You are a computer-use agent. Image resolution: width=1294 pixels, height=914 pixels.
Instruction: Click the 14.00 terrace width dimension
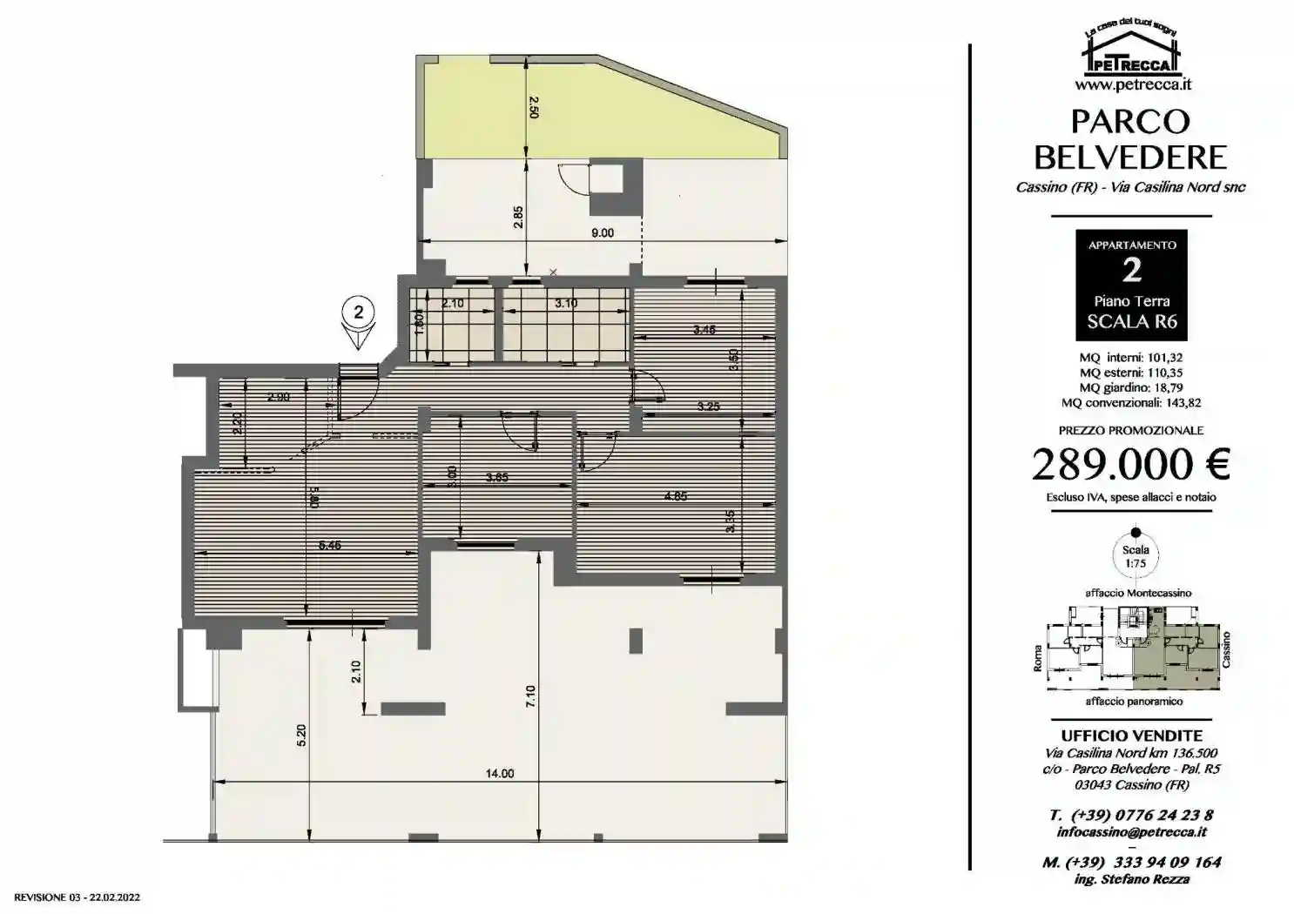501,773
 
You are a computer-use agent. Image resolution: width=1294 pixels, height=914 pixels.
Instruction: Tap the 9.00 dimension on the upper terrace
602,232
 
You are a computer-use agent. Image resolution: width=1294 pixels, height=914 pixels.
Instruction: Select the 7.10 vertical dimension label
531,696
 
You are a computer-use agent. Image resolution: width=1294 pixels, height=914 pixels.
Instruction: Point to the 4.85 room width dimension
676,496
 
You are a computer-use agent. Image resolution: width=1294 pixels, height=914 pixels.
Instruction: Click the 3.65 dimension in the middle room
497,477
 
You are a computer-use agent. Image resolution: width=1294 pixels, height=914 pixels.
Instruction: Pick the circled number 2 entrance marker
358,310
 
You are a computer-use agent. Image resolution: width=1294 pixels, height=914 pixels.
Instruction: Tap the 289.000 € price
1130,465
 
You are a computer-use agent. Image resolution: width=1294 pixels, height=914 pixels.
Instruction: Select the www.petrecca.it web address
1131,85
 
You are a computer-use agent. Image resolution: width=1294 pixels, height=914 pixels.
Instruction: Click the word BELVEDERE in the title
1130,158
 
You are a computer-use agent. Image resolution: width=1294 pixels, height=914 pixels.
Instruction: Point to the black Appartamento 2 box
1131,284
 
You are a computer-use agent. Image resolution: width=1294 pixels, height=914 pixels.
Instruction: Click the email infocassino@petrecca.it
1131,832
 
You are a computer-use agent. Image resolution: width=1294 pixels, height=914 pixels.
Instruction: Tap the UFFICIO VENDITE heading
1131,736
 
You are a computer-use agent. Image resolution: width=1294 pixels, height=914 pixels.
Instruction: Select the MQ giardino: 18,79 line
1131,387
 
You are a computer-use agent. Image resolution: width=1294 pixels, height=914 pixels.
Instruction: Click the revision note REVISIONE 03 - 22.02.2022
78,897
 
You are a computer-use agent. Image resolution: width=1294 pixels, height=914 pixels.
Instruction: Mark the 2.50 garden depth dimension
534,107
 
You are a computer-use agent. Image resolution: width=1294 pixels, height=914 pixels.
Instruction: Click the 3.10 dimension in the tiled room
566,303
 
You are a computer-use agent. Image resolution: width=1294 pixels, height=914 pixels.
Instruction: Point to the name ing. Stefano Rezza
1131,879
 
